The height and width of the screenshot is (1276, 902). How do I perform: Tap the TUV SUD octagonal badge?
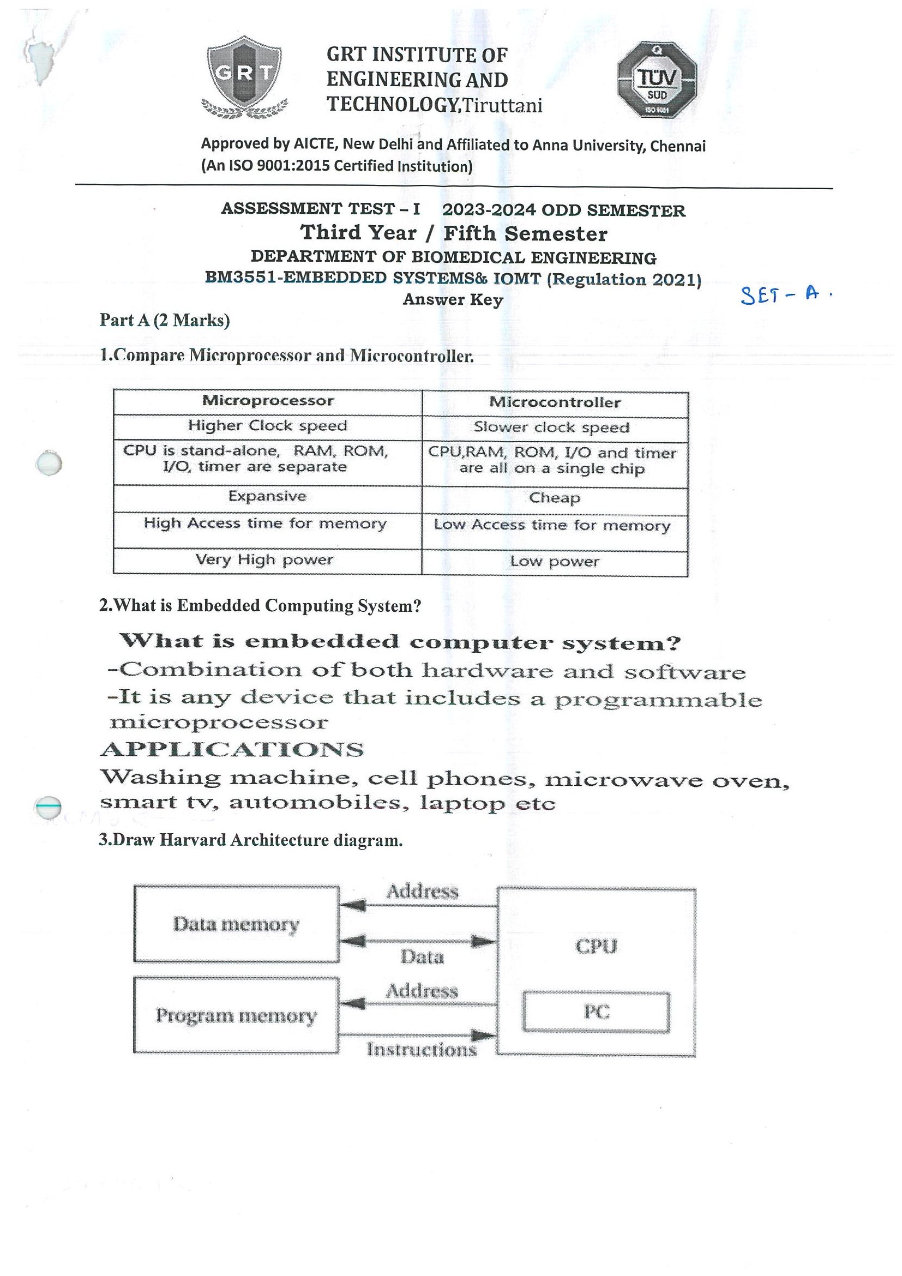[x=657, y=80]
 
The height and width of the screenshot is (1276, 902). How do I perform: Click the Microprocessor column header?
[x=267, y=401]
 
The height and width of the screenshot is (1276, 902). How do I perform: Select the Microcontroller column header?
[x=555, y=403]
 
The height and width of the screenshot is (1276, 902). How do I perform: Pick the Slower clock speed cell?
[x=551, y=428]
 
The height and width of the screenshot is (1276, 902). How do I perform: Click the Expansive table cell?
[x=267, y=496]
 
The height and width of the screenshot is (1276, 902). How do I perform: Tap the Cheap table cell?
[x=555, y=498]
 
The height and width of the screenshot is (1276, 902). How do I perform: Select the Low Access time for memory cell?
[x=552, y=526]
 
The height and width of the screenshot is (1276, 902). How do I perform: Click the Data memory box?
[x=236, y=924]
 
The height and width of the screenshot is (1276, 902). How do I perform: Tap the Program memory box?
[x=236, y=1015]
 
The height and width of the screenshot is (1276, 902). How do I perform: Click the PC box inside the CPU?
[x=596, y=1012]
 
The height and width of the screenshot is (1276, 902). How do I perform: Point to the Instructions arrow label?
[x=422, y=1049]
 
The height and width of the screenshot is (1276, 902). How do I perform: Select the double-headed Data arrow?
[x=417, y=941]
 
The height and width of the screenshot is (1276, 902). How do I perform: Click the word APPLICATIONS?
[x=232, y=750]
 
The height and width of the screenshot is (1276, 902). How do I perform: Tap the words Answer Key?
[x=453, y=299]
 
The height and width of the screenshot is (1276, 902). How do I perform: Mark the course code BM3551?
[x=240, y=278]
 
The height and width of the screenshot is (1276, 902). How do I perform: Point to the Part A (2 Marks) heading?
[x=165, y=320]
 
